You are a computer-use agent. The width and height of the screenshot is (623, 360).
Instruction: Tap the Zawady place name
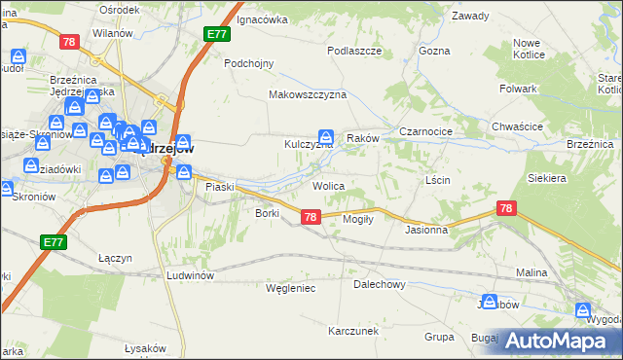pos(470,17)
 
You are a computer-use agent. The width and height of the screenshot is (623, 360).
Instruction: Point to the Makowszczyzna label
pos(308,94)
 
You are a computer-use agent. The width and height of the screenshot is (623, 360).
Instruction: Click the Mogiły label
pos(358,219)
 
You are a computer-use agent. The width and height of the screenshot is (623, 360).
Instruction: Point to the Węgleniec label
pos(289,288)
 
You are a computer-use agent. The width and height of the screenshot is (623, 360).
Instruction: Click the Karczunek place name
pos(352,331)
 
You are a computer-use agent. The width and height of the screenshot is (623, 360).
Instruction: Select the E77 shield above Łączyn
pos(54,241)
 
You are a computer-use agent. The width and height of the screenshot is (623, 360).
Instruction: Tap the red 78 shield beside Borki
pos(310,217)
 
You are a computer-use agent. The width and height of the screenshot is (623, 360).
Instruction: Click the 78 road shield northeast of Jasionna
pos(505,208)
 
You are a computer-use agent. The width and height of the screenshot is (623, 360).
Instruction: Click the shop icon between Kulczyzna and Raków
pos(326,138)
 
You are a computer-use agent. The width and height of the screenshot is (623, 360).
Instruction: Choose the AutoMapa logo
pos(557,341)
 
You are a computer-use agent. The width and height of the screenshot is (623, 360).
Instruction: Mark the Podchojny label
pos(249,62)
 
